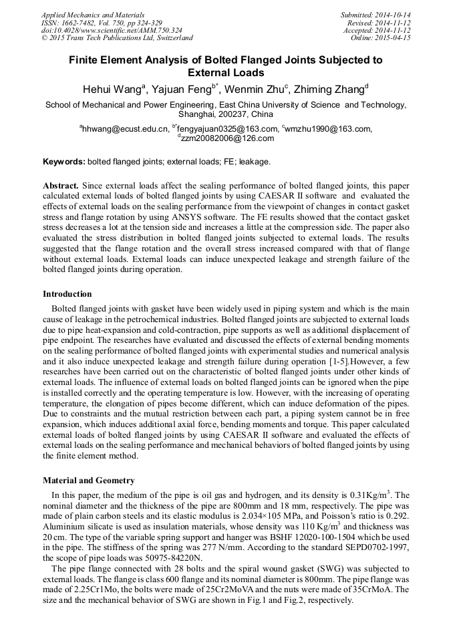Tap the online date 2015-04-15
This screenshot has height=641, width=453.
(x=396, y=38)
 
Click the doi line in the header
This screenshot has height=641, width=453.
(x=112, y=30)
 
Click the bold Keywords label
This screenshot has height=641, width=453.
(x=64, y=162)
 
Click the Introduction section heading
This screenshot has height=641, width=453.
(x=67, y=294)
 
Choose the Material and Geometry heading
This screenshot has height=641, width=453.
(x=89, y=480)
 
